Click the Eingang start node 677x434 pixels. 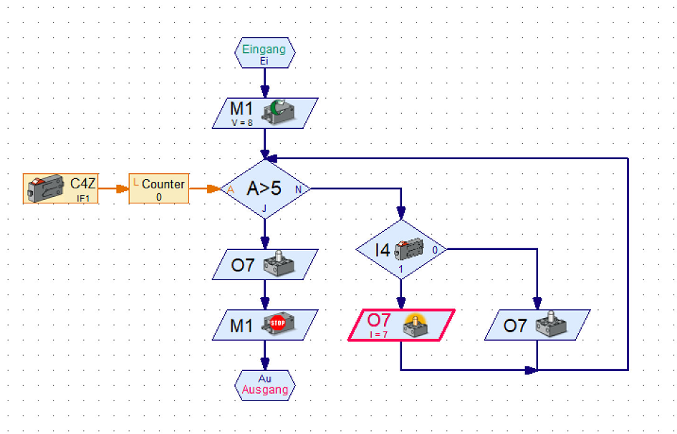point(264,53)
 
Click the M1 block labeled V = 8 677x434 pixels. point(264,113)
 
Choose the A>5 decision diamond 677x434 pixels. point(264,189)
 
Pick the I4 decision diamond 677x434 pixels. point(400,250)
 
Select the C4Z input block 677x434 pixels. point(61,189)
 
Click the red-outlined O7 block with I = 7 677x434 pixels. point(401,325)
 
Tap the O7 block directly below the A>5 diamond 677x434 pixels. point(264,264)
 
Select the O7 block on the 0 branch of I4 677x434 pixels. point(537,325)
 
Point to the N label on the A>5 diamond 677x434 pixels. point(299,190)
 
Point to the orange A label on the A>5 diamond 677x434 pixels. point(230,190)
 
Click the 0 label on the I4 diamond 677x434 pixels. point(434,250)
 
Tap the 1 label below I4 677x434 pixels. point(400,270)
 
